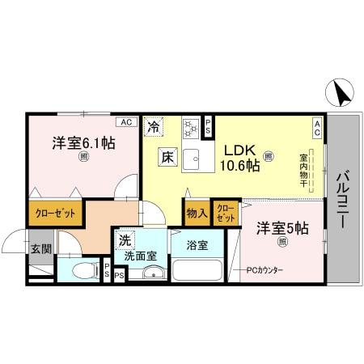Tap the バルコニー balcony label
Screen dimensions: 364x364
(343, 199)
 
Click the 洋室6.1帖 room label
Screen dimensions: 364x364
(83, 143)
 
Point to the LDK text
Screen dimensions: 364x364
(240, 150)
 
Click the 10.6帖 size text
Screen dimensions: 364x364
(240, 167)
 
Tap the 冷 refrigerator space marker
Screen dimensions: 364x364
(154, 126)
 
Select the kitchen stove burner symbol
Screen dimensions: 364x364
(191, 128)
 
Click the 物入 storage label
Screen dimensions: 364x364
(197, 213)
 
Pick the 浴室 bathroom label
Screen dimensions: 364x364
(197, 243)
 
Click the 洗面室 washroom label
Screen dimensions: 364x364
(139, 256)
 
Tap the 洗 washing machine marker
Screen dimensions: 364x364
(125, 240)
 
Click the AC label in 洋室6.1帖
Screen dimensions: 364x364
(125, 122)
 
